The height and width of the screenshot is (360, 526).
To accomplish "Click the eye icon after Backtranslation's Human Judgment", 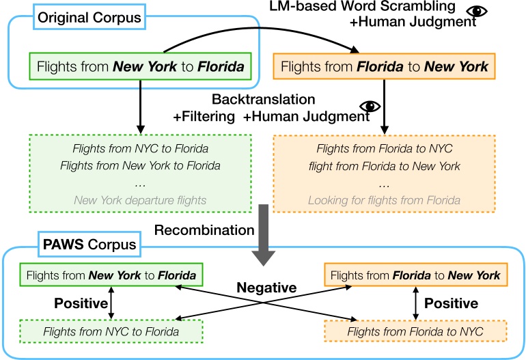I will coord(371,107).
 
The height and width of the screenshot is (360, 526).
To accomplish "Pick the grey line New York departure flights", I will coord(139,200).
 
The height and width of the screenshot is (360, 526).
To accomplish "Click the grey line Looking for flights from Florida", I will coord(384,200).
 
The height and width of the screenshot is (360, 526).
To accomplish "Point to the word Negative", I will coord(267,288).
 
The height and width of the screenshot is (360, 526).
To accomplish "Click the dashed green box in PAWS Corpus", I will coord(111,331).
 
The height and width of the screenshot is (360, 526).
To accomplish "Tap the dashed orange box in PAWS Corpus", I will coord(416,331).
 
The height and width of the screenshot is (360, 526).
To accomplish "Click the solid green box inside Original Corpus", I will coord(139,68).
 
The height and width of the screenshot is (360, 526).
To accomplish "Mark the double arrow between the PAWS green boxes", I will coord(111,302).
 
